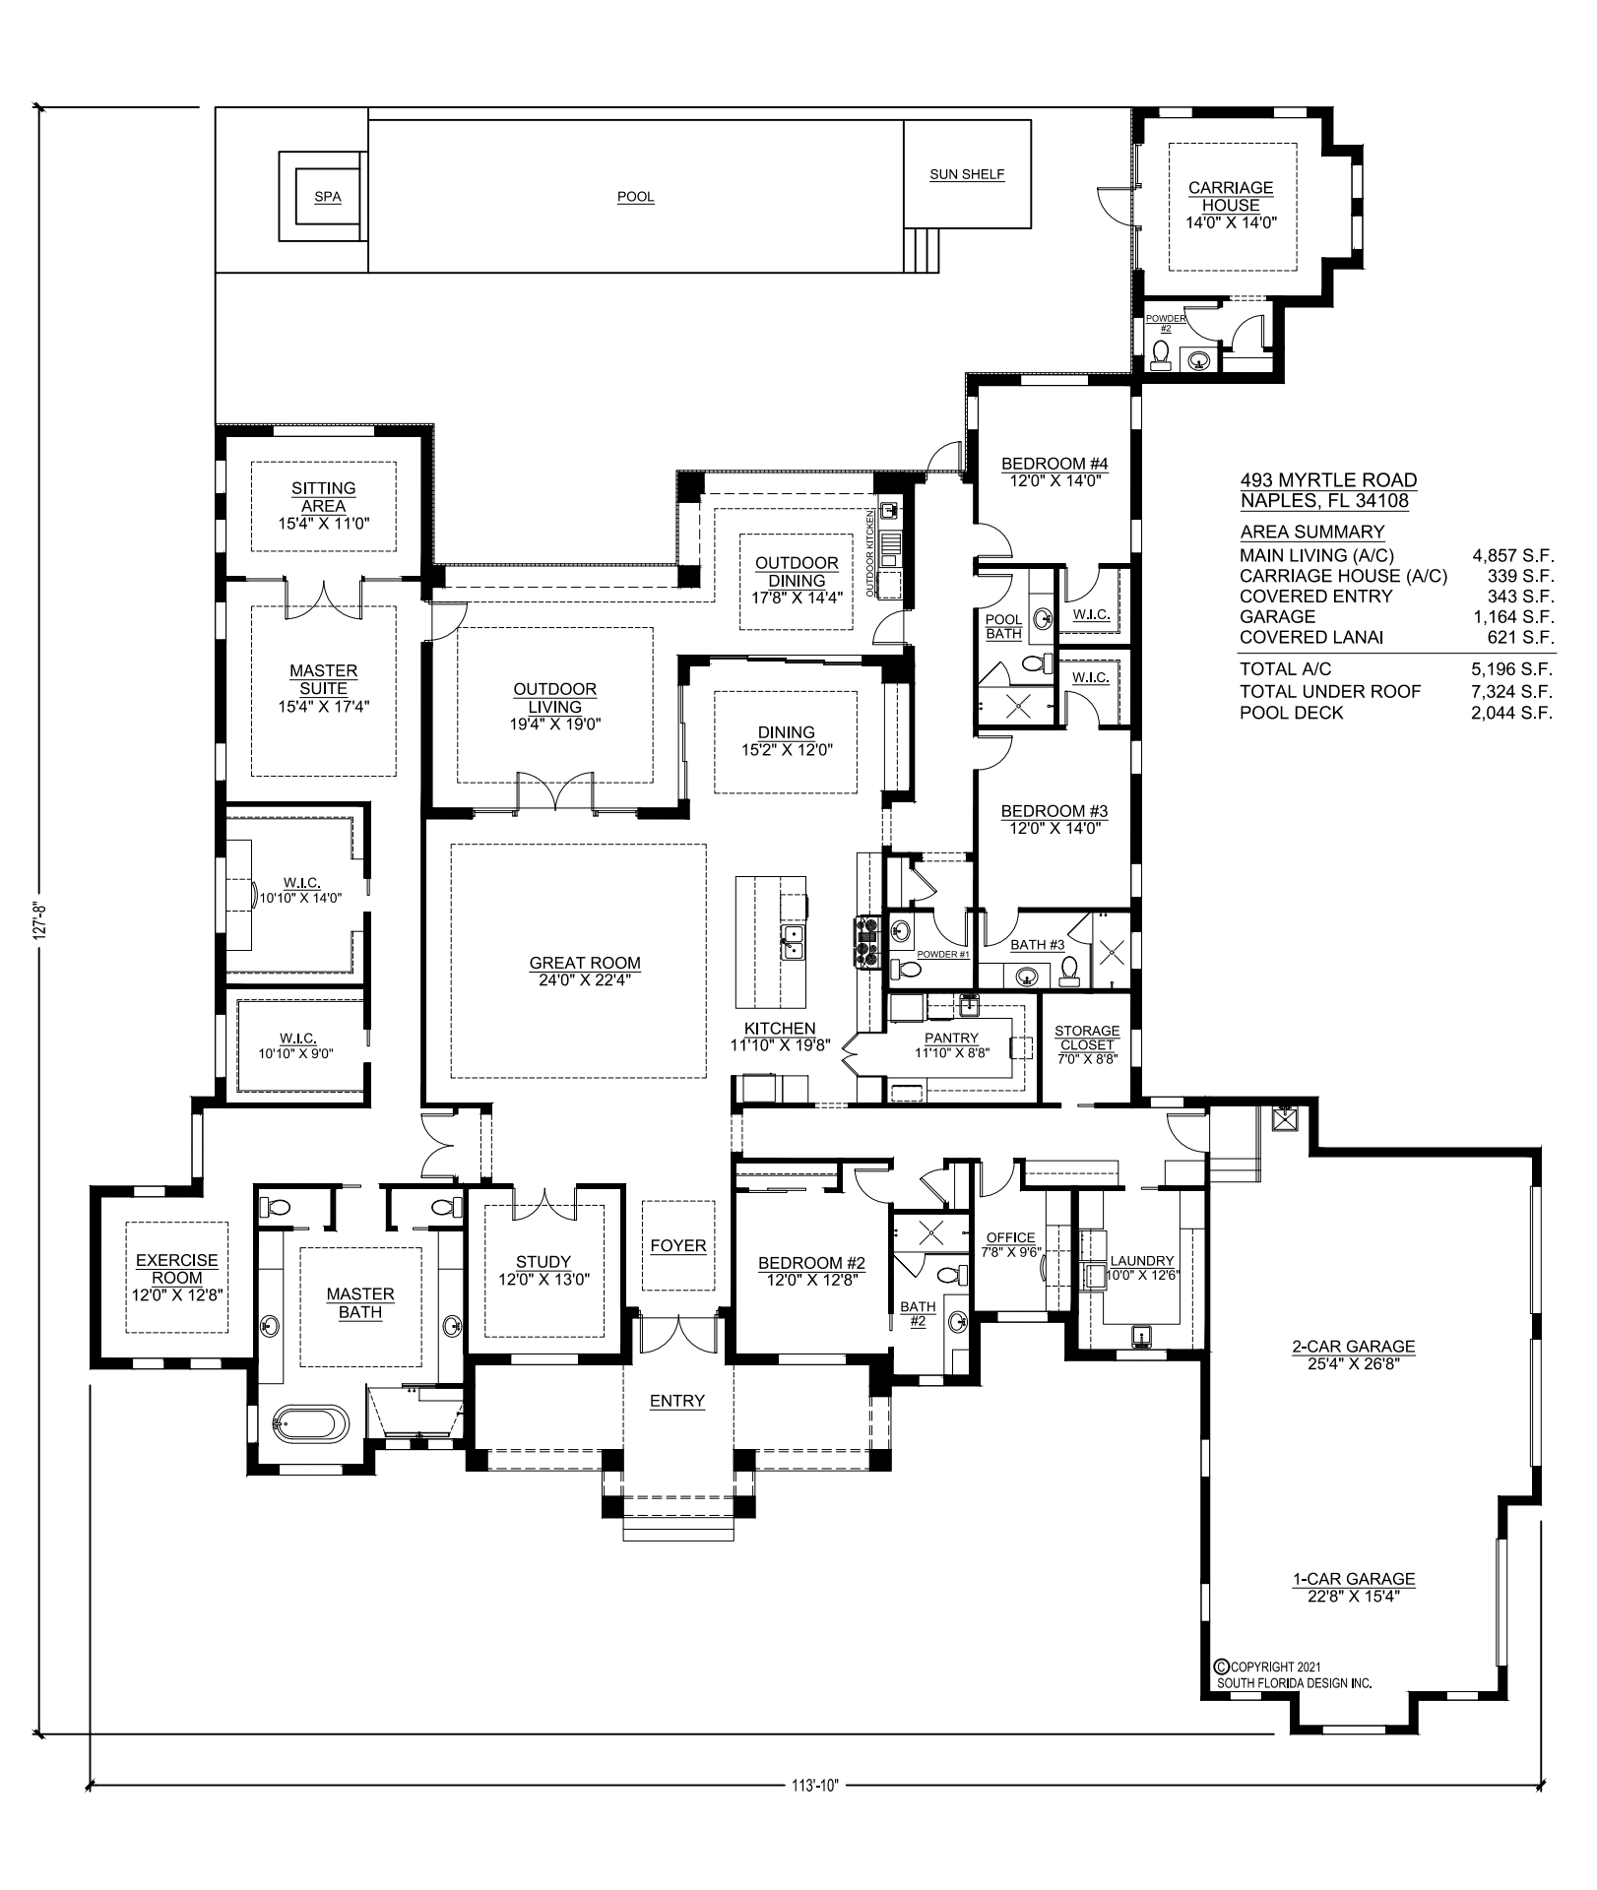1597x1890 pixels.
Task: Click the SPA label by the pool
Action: [328, 197]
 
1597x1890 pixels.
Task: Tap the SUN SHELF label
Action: [967, 174]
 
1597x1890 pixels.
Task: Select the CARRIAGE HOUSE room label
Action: [1231, 196]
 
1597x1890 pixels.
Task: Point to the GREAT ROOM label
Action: [585, 964]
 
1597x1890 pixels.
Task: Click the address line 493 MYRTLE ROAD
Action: [1328, 480]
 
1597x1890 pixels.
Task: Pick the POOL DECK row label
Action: [1291, 713]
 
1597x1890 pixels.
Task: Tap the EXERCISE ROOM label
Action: [177, 1269]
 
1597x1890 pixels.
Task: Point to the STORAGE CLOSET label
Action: [1087, 1038]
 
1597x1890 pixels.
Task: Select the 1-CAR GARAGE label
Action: [1354, 1579]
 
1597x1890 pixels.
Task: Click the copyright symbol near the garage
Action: [1223, 1667]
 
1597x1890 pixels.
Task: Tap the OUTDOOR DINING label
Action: [797, 572]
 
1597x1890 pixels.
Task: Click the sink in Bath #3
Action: [1027, 977]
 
